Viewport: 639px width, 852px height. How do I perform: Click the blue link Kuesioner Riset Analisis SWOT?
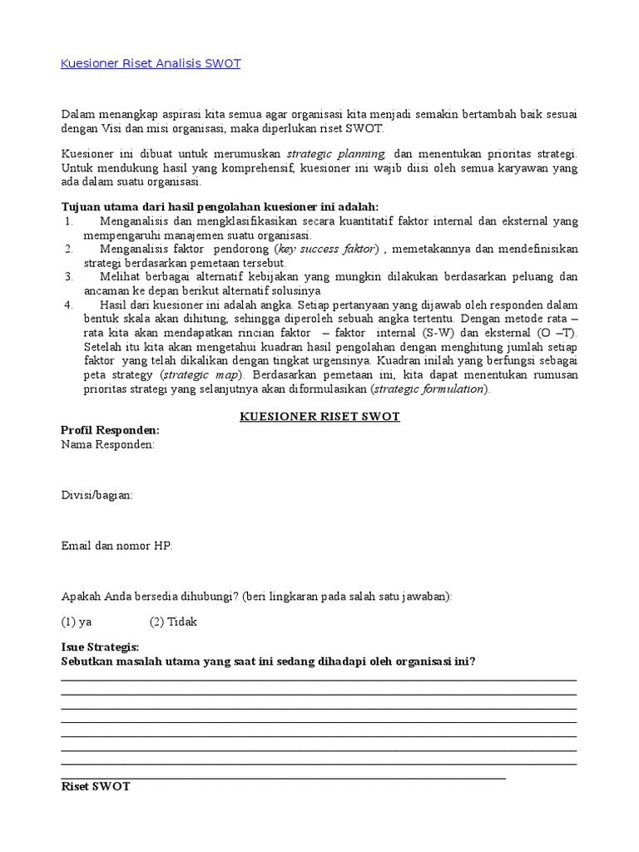click(151, 63)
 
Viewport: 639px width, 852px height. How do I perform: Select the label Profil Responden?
click(110, 430)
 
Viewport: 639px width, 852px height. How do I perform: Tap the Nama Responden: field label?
click(107, 444)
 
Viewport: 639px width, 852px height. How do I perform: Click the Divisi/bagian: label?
click(97, 495)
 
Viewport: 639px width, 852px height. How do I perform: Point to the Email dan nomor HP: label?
click(116, 546)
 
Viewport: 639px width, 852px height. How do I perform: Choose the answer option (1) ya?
click(77, 622)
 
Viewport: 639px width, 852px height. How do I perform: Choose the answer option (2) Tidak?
click(173, 622)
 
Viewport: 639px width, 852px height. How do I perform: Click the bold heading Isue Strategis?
click(100, 647)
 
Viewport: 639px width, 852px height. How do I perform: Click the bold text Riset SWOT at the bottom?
click(96, 786)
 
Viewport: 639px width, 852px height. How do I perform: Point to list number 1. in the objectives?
click(69, 221)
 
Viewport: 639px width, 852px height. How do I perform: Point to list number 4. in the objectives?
click(69, 305)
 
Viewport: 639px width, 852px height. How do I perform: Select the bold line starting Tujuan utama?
click(220, 206)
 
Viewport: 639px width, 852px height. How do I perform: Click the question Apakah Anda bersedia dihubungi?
click(150, 597)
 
